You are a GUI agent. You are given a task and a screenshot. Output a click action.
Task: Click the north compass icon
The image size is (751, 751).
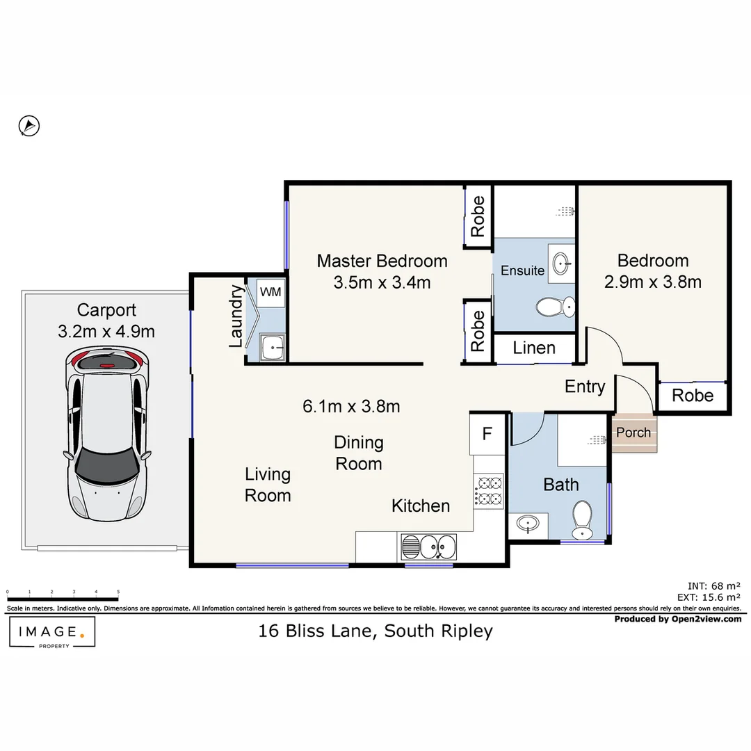[x=29, y=126]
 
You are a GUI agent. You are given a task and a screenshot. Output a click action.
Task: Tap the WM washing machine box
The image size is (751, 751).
[x=270, y=292]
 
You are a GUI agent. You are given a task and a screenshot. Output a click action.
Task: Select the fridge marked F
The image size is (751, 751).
[x=487, y=433]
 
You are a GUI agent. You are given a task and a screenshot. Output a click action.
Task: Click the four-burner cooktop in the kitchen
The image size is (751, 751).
[x=489, y=490]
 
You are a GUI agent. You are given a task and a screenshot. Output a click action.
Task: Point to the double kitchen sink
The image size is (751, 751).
[x=428, y=547]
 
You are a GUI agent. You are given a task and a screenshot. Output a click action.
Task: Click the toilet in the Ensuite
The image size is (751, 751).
[x=556, y=307]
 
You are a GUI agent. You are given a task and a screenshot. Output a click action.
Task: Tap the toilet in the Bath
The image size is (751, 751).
[x=583, y=520]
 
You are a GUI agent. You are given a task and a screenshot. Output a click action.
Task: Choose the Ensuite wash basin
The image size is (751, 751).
[x=561, y=263]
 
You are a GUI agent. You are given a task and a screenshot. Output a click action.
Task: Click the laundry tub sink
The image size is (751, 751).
[x=273, y=347]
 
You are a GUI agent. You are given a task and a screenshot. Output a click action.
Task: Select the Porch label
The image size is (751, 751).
[x=633, y=433]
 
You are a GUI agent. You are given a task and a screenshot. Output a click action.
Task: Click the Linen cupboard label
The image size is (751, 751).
[x=534, y=348]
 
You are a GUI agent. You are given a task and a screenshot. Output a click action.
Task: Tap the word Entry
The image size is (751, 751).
[x=584, y=387]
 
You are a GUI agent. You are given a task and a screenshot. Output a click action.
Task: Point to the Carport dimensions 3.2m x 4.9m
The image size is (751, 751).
[x=106, y=332]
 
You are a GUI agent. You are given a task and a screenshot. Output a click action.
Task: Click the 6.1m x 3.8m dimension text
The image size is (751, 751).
[x=351, y=407]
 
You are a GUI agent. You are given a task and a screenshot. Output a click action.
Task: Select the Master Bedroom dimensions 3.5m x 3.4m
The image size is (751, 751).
[x=382, y=282]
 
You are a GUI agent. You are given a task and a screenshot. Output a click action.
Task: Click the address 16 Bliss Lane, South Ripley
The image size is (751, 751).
[x=375, y=631]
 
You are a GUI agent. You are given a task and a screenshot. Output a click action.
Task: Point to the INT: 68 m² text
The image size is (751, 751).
[x=713, y=586]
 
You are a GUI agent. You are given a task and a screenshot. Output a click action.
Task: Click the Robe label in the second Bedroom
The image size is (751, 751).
[x=693, y=396]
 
